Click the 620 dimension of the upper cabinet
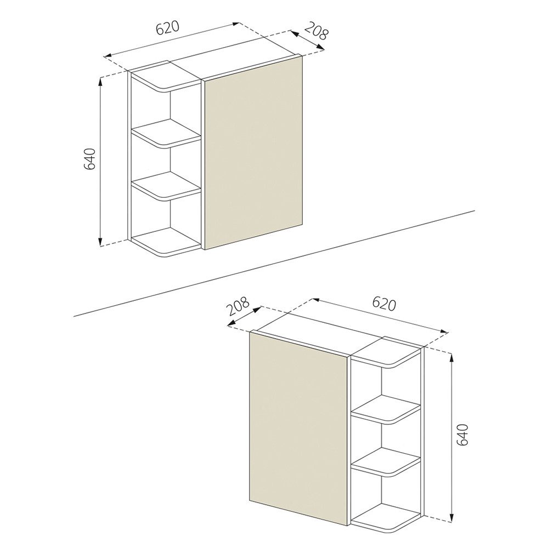tap(168, 28)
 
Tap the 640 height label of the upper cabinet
tap(91, 158)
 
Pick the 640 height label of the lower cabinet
tap(461, 435)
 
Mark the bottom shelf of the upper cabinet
tap(165, 242)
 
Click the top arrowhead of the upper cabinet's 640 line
tap(100, 81)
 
